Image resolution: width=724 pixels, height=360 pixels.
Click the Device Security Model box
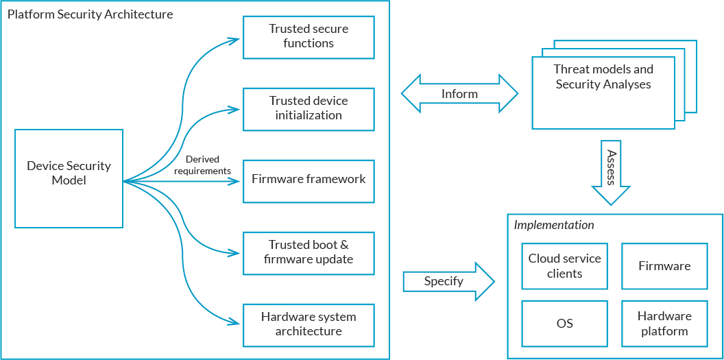[x=69, y=178]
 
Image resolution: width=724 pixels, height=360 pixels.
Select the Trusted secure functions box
[x=309, y=37]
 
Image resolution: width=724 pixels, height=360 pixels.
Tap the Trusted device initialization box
[x=309, y=109]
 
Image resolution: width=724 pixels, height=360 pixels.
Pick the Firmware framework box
[x=309, y=181]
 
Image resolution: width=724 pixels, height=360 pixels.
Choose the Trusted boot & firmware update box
[x=309, y=253]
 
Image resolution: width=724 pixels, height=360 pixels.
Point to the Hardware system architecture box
[x=309, y=325]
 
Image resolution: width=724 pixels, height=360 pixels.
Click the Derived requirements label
[x=208, y=165]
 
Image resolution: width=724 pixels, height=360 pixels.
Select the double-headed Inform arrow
[x=459, y=94]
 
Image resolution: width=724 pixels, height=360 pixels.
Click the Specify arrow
[x=449, y=282]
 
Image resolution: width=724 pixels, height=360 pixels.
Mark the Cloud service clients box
[x=564, y=266]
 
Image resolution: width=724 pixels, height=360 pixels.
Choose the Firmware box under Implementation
[x=664, y=266]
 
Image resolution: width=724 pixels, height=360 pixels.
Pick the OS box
[x=564, y=324]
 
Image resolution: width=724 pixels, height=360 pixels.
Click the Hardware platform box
[x=664, y=324]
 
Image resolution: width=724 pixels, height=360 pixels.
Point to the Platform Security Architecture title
[x=90, y=14]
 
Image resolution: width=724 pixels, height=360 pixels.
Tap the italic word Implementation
[x=553, y=226]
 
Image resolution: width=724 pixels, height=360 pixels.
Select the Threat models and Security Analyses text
[x=603, y=77]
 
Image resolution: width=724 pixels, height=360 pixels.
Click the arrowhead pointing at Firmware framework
[x=235, y=181]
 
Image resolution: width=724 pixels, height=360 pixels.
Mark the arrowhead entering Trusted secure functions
[x=234, y=39]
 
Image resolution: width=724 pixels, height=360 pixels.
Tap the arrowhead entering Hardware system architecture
[x=234, y=322]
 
